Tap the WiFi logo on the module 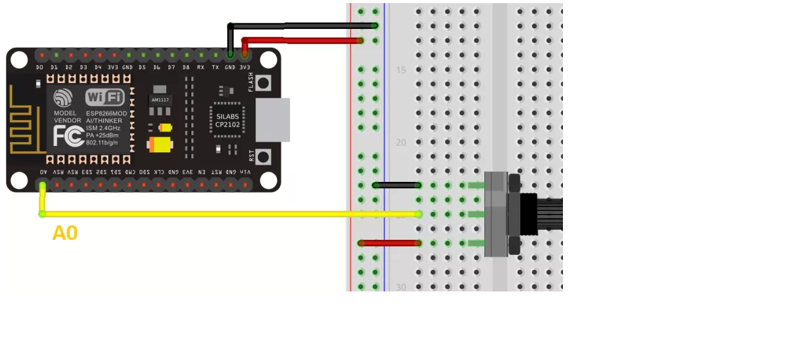pyautogui.click(x=104, y=97)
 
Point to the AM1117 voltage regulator pyautogui.click(x=160, y=100)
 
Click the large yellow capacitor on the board pyautogui.click(x=160, y=145)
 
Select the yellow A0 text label pyautogui.click(x=65, y=233)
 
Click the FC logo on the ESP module pyautogui.click(x=68, y=136)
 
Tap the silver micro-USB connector pyautogui.click(x=273, y=120)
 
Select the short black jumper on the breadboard pyautogui.click(x=396, y=185)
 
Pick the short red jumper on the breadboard pyautogui.click(x=389, y=243)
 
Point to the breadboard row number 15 pyautogui.click(x=401, y=70)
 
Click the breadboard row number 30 pyautogui.click(x=401, y=287)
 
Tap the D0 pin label pyautogui.click(x=40, y=67)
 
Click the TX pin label pyautogui.click(x=215, y=67)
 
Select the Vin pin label pyautogui.click(x=245, y=172)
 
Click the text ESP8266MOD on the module pyautogui.click(x=106, y=113)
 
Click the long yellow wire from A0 pyautogui.click(x=226, y=214)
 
